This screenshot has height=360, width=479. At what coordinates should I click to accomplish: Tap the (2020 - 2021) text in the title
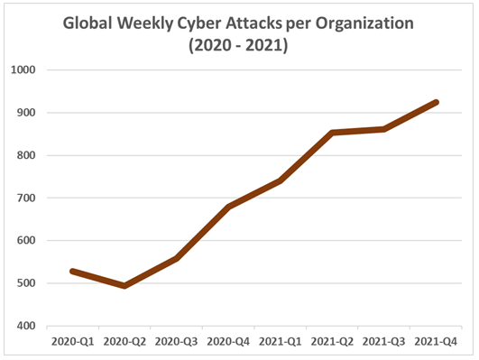(x=237, y=45)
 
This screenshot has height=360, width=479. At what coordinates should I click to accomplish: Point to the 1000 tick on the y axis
(x=23, y=70)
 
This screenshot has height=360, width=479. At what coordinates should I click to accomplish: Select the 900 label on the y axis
(x=25, y=113)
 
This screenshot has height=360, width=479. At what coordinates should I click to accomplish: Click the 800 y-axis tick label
(x=25, y=155)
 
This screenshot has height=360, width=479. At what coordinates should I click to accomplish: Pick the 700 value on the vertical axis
(x=25, y=198)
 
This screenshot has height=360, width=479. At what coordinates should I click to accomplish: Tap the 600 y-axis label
(x=25, y=241)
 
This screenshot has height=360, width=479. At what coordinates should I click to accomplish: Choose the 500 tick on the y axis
(x=25, y=283)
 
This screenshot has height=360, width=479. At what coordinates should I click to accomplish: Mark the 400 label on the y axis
(x=25, y=326)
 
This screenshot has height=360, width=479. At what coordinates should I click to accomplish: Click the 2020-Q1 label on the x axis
(x=72, y=343)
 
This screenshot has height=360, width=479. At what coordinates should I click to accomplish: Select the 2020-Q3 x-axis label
(x=176, y=343)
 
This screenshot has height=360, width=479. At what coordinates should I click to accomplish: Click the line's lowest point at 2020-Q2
(x=124, y=286)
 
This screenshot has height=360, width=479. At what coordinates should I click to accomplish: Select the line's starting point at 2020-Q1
(x=72, y=271)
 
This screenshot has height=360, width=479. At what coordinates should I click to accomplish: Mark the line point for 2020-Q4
(x=228, y=207)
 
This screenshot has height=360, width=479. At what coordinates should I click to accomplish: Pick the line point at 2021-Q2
(x=333, y=133)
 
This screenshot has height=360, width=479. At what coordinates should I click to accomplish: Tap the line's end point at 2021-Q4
(x=437, y=102)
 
